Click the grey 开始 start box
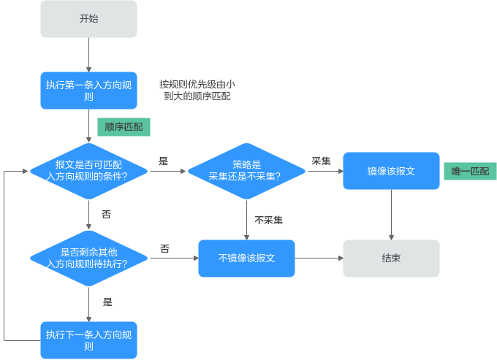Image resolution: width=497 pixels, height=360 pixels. click(x=88, y=19)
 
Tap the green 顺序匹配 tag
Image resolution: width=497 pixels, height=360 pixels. click(x=124, y=127)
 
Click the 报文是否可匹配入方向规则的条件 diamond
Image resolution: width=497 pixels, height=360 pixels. click(x=88, y=171)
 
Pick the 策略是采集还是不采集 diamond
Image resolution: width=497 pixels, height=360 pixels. click(x=246, y=171)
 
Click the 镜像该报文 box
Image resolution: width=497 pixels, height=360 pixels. click(x=391, y=171)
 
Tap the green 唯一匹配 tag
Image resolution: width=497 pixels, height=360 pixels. click(x=469, y=172)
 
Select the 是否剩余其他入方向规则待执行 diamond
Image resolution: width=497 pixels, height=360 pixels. click(x=88, y=258)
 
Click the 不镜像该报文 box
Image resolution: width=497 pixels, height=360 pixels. click(x=246, y=258)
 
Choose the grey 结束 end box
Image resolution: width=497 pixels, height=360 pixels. click(x=391, y=258)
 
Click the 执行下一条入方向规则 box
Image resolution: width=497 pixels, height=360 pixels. click(x=88, y=340)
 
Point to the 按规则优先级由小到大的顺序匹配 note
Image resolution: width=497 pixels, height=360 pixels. click(x=197, y=90)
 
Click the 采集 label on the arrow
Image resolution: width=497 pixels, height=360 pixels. click(x=321, y=161)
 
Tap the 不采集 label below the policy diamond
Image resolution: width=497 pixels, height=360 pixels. click(x=268, y=220)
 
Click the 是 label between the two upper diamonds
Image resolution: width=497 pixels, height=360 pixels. click(x=163, y=161)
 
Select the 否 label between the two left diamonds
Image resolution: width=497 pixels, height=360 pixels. click(x=106, y=215)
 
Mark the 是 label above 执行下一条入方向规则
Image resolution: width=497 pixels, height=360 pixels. click(x=107, y=302)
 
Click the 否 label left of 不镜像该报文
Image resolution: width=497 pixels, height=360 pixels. click(x=164, y=249)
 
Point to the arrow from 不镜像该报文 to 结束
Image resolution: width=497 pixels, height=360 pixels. click(x=319, y=258)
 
